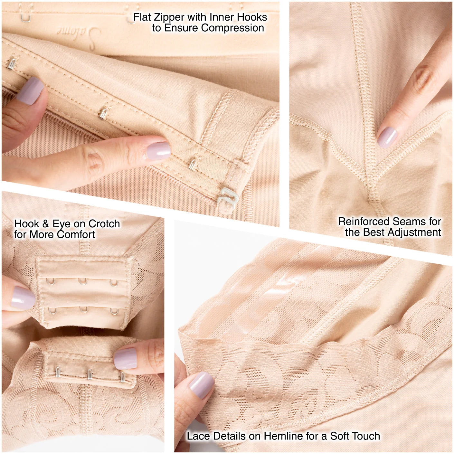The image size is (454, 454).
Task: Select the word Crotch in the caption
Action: pos(104,224)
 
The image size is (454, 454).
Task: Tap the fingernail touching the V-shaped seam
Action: pos(387,137)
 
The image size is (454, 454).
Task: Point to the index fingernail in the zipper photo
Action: pos(158,151)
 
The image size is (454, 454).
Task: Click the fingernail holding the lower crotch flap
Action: pos(125,358)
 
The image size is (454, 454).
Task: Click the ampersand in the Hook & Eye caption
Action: pos(46,224)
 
